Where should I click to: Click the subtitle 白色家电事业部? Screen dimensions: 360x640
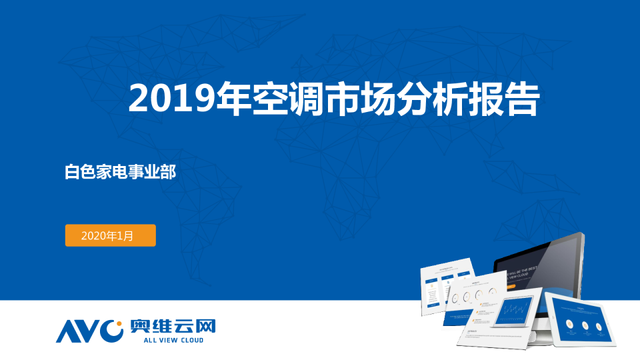tap(120, 172)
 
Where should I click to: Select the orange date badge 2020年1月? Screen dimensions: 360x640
tap(110, 235)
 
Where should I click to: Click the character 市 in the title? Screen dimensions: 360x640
tap(329, 99)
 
